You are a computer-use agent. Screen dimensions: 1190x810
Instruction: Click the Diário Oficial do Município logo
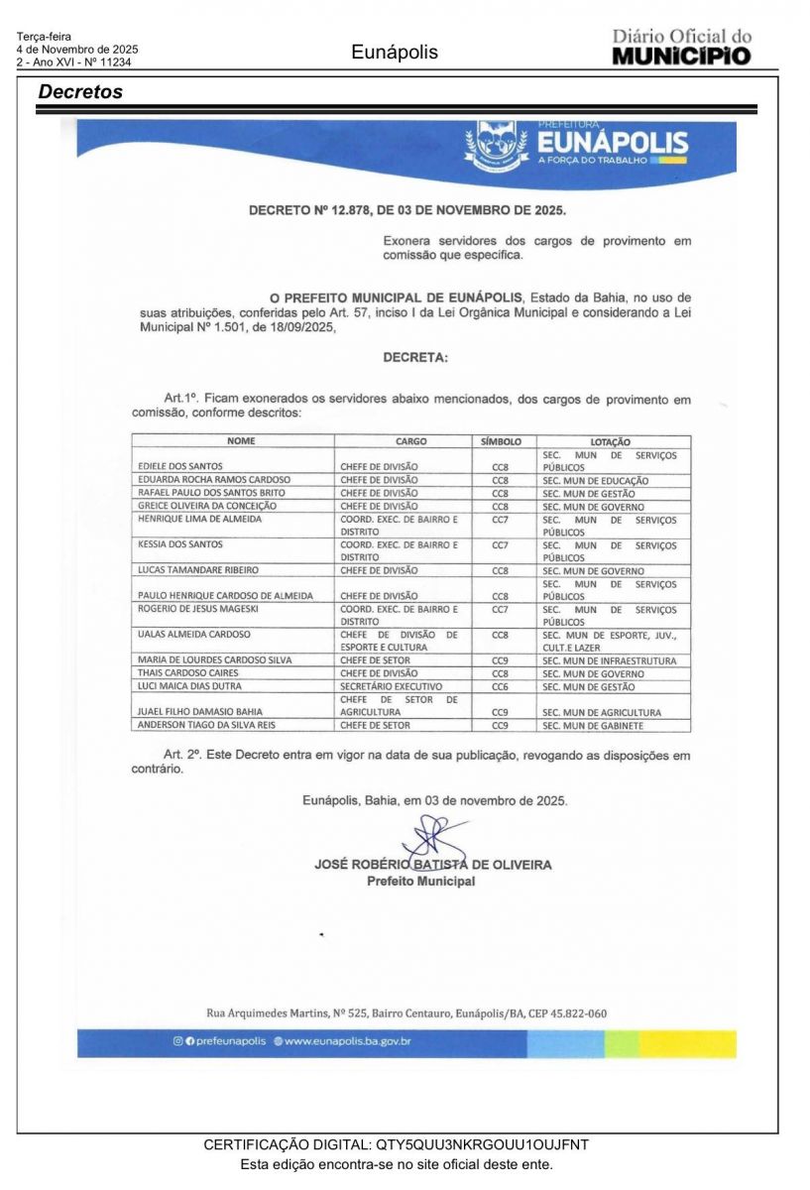coord(681,47)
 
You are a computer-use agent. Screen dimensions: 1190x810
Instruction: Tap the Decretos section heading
coord(80,92)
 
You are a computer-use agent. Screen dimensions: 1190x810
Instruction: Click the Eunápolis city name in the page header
coord(394,53)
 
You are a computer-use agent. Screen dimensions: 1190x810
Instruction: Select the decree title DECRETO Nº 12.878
coord(406,210)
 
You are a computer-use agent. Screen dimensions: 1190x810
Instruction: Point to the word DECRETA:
coord(414,357)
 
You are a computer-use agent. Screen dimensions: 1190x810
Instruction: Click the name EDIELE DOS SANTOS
coord(180,466)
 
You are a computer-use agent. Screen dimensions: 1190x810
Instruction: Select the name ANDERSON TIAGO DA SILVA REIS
coord(205,726)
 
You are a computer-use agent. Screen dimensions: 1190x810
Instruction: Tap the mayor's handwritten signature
coord(434,844)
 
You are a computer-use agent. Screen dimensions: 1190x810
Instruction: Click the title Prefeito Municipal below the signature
coord(420,881)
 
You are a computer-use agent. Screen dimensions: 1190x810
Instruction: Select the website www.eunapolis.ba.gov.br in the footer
coord(348,1041)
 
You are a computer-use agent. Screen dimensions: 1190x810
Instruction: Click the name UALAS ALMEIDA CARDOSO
coord(194,635)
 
